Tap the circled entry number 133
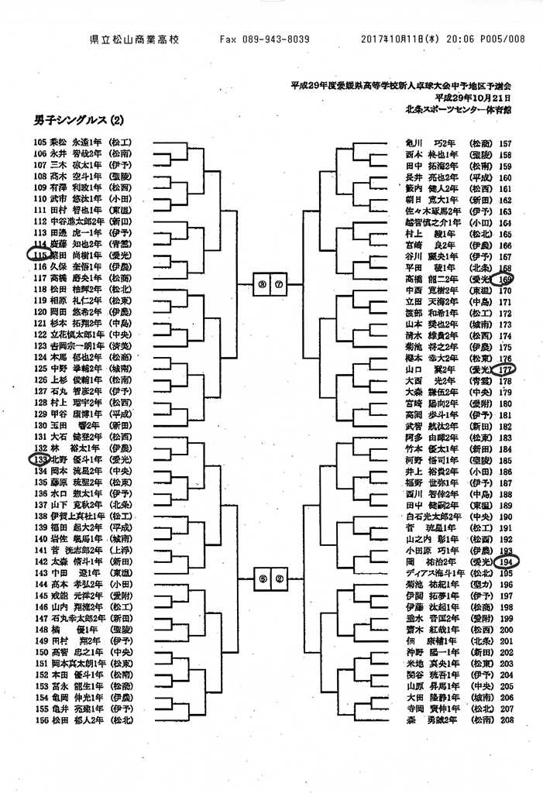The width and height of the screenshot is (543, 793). (x=40, y=459)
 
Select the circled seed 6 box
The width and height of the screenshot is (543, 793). (x=263, y=576)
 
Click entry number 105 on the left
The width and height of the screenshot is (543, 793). (x=40, y=142)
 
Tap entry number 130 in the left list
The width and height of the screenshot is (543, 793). (x=40, y=425)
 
